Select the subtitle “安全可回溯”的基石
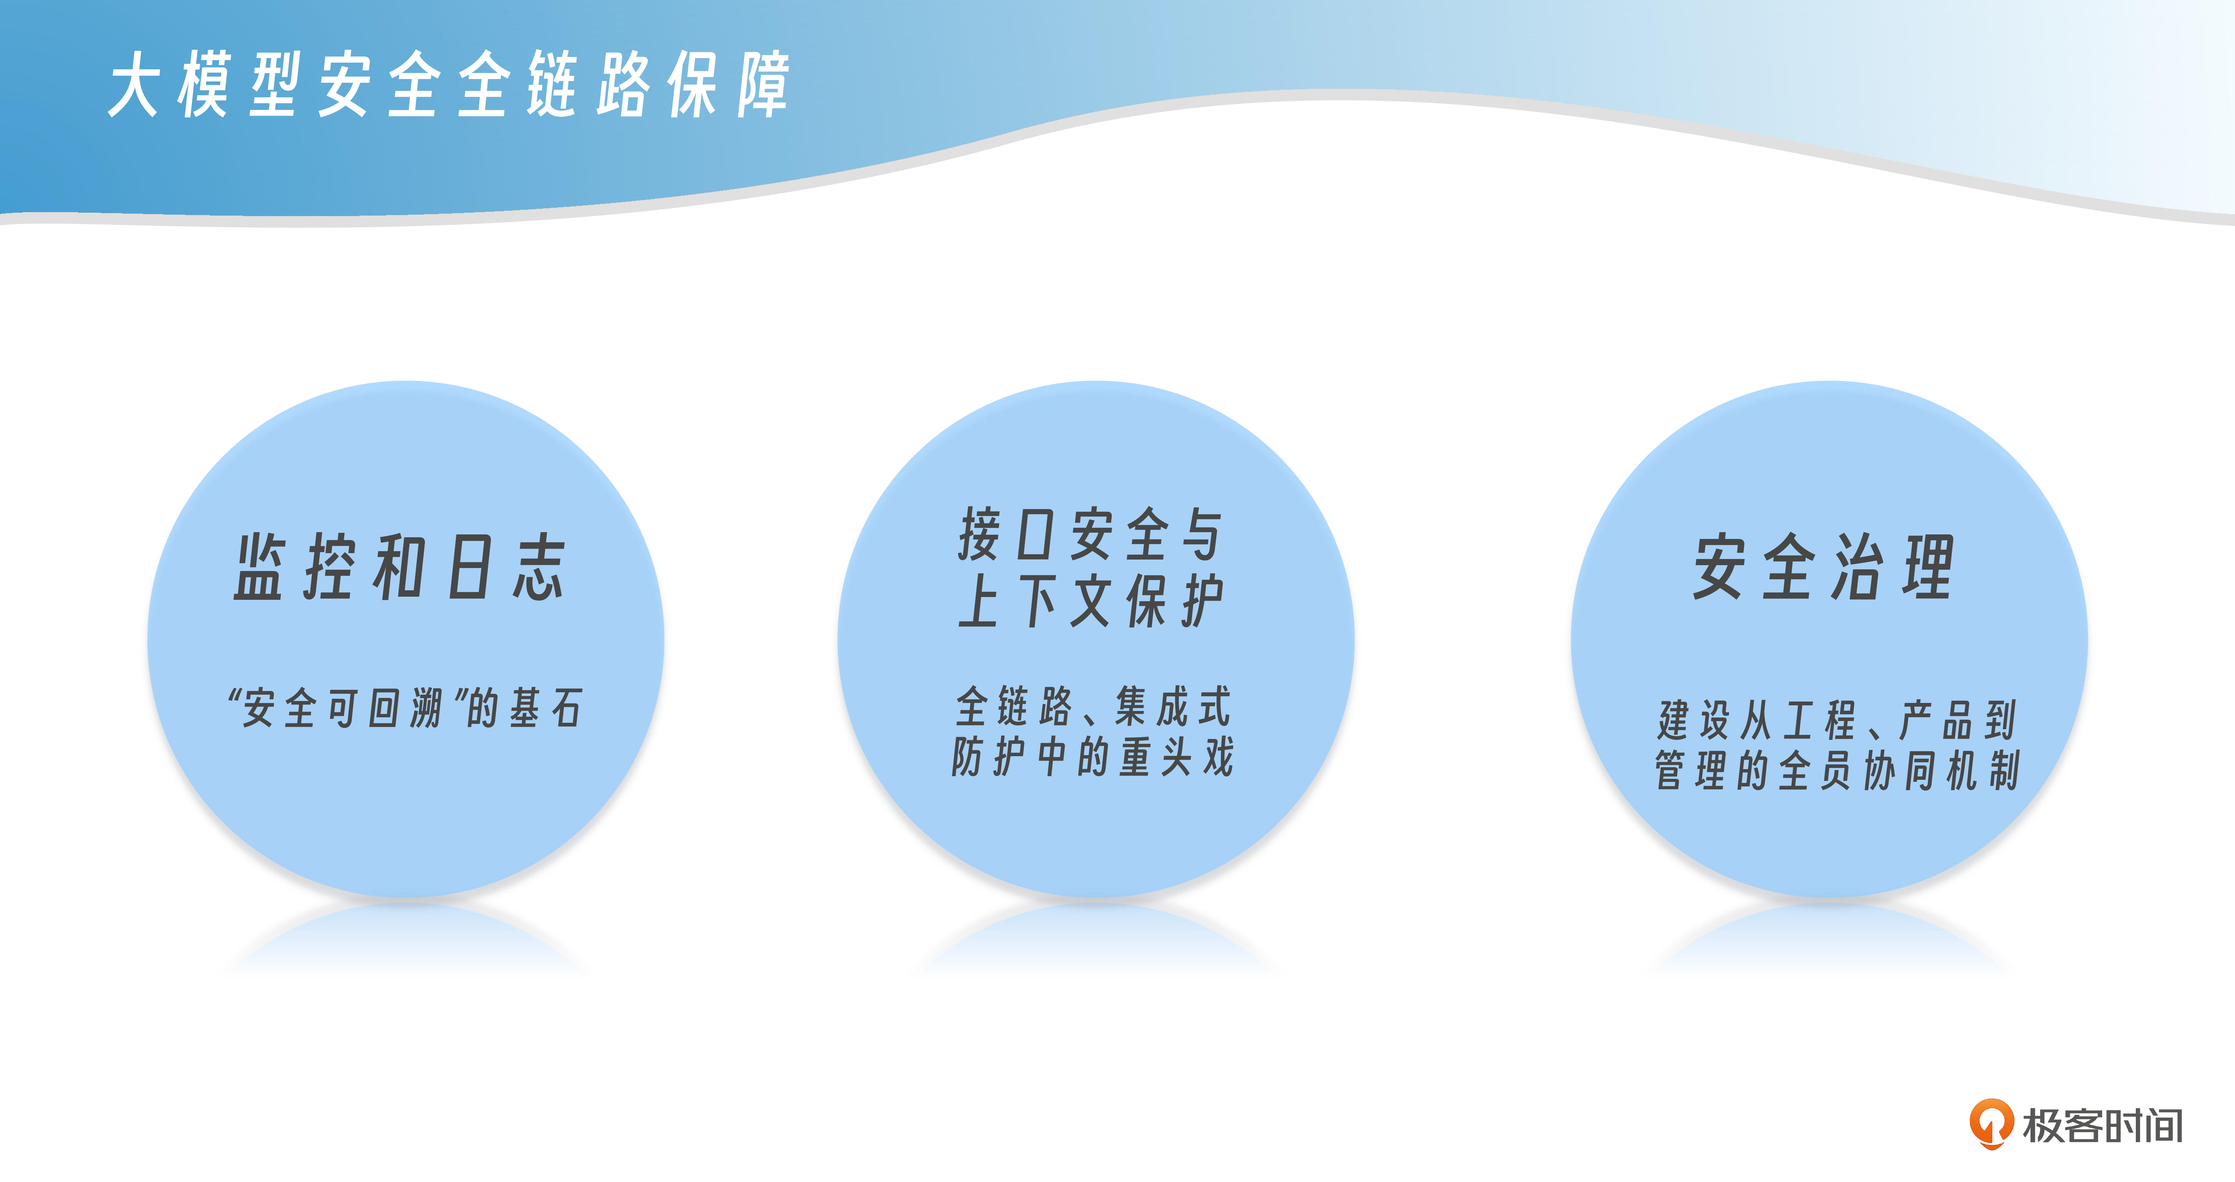[x=404, y=707]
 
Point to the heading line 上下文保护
[x=1091, y=601]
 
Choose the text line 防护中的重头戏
[x=1092, y=756]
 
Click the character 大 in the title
[x=134, y=84]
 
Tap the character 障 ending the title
[x=764, y=84]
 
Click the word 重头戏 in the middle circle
[x=1176, y=756]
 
